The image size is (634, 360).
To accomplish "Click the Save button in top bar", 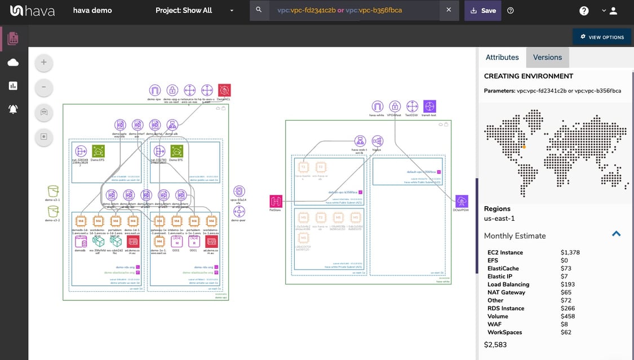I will pyautogui.click(x=482, y=10).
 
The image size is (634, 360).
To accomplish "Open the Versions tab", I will pyautogui.click(x=547, y=57).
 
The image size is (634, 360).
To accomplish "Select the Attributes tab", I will pyautogui.click(x=502, y=57).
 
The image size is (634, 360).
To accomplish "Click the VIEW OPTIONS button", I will pyautogui.click(x=602, y=37).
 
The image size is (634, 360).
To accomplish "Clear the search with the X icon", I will pyautogui.click(x=449, y=10).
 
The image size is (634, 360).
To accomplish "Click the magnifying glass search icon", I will pyautogui.click(x=259, y=10).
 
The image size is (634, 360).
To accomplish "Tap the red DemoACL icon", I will pyautogui.click(x=224, y=90).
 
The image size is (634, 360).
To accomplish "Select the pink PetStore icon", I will pyautogui.click(x=276, y=201).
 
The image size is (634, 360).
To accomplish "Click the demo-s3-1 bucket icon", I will pyautogui.click(x=53, y=192).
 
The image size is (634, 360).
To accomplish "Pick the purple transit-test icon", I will pyautogui.click(x=429, y=106).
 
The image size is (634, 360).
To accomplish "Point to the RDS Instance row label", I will pyautogui.click(x=506, y=308).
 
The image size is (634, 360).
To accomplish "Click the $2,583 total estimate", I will pyautogui.click(x=495, y=344).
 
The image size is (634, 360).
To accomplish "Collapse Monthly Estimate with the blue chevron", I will pyautogui.click(x=616, y=234).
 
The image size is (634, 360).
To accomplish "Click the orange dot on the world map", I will pyautogui.click(x=524, y=147).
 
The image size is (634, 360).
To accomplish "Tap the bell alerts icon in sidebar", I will pyautogui.click(x=14, y=109).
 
